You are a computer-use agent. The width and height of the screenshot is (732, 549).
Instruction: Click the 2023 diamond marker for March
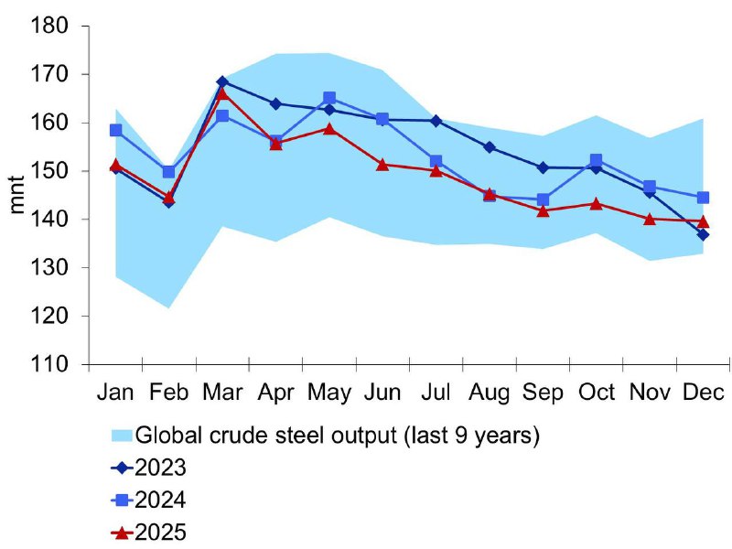(222, 81)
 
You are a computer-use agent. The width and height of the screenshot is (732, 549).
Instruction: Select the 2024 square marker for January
(115, 130)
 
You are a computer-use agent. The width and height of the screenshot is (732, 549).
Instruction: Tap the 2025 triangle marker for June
(382, 165)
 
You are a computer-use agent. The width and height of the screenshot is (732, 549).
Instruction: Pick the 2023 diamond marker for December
(703, 235)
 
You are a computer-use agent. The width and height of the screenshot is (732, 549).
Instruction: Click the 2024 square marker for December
(703, 198)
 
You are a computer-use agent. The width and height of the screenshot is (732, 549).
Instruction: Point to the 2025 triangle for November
(650, 219)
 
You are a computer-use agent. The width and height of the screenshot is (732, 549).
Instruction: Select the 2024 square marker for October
(597, 160)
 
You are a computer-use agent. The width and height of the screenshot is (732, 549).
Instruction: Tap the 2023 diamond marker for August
(490, 147)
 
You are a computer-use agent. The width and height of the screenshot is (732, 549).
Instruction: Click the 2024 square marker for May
(329, 98)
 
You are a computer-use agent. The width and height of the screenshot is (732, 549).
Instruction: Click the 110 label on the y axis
(52, 365)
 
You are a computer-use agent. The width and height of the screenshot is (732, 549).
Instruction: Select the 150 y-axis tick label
(52, 171)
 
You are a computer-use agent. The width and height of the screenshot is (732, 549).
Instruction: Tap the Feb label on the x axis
(169, 392)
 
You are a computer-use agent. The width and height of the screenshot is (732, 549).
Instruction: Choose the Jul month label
(436, 392)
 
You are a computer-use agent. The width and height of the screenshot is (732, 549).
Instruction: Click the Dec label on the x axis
(703, 392)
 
